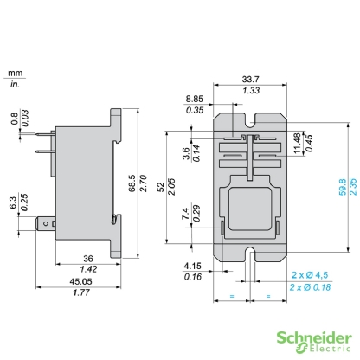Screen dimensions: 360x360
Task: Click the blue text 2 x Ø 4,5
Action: point(310,276)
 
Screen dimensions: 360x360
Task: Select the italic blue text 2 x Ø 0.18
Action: point(310,286)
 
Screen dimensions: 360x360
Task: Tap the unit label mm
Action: point(14,75)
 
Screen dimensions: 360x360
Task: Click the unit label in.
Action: point(14,85)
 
